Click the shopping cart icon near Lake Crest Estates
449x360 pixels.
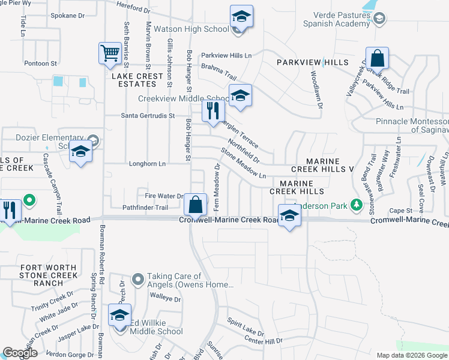click(110, 53)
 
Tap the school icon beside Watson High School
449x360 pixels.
click(241, 16)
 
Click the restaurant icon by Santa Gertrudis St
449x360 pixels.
click(213, 111)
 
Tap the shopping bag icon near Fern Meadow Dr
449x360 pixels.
click(196, 205)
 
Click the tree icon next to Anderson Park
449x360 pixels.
click(357, 206)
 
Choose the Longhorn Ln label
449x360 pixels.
click(147, 163)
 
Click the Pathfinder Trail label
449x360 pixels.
click(145, 208)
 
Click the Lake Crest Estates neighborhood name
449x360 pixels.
click(137, 80)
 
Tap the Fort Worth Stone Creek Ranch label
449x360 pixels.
click(48, 275)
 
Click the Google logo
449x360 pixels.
click(20, 353)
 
